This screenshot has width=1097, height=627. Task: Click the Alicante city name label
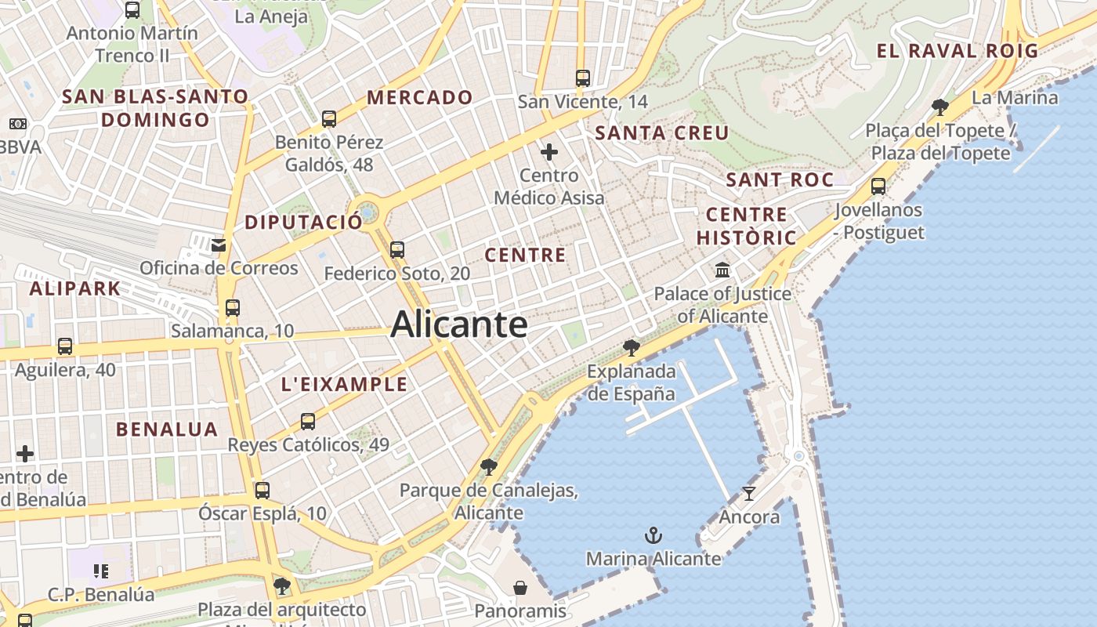(459, 324)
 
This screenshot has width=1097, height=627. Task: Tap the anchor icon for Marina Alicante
(653, 536)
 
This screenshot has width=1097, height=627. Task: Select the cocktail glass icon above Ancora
(749, 494)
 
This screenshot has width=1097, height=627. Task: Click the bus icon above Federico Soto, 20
(397, 250)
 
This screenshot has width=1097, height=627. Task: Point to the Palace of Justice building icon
(722, 270)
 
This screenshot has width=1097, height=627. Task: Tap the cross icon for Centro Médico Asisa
(549, 152)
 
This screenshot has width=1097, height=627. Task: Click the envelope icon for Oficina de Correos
(219, 245)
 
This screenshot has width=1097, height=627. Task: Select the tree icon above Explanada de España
(631, 348)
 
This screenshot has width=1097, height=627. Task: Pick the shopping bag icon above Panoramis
(520, 588)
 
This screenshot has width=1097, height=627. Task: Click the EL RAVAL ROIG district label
(957, 52)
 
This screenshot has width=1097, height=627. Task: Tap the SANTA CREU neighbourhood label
(662, 132)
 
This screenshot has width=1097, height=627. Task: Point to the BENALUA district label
(167, 429)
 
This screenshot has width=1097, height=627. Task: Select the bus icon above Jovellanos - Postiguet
(878, 187)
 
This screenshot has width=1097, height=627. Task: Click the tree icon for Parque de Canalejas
(489, 468)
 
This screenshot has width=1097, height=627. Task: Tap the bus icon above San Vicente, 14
(582, 78)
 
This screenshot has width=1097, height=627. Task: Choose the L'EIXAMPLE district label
(344, 384)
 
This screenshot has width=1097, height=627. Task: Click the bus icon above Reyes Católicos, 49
(308, 422)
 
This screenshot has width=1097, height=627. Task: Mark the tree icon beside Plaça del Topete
(940, 107)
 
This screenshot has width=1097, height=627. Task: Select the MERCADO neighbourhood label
(420, 98)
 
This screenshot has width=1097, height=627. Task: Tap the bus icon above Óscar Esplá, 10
(262, 491)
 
